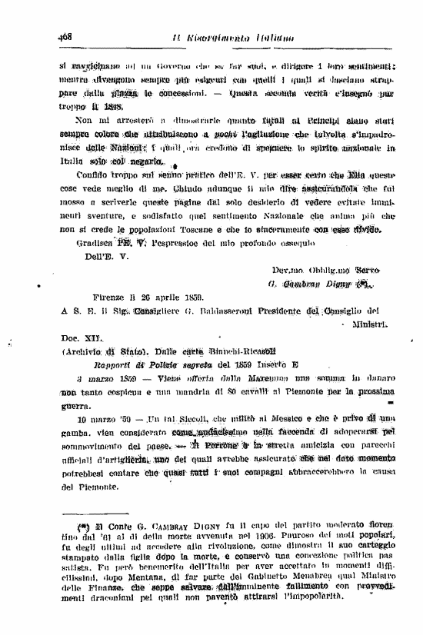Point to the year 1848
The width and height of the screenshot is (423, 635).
(112, 106)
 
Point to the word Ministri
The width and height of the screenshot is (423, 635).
(373, 324)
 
